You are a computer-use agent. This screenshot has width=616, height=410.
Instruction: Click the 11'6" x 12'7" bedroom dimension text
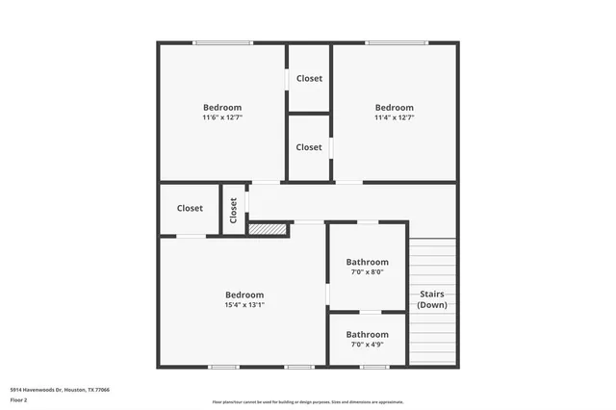pyautogui.click(x=222, y=118)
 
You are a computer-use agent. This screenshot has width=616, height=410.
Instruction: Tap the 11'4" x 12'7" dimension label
pyautogui.click(x=395, y=118)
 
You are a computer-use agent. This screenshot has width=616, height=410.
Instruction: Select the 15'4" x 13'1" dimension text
pyautogui.click(x=244, y=305)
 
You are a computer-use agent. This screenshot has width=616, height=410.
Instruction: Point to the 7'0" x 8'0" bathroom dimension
pyautogui.click(x=367, y=272)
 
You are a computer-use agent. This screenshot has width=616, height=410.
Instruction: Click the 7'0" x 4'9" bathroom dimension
pyautogui.click(x=367, y=345)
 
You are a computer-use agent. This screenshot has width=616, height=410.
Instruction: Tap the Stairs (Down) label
pyautogui.click(x=431, y=299)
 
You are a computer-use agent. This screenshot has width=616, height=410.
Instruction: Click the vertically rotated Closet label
pyautogui.click(x=233, y=210)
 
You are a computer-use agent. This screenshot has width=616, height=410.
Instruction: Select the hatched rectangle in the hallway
pyautogui.click(x=269, y=229)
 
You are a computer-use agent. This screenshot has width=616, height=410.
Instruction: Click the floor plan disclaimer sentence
pyautogui.click(x=308, y=401)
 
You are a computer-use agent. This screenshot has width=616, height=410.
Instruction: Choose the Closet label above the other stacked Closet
pyautogui.click(x=309, y=78)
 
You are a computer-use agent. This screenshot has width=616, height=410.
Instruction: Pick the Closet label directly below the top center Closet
pyautogui.click(x=309, y=147)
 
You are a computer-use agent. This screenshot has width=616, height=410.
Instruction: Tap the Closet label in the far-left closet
pyautogui.click(x=190, y=208)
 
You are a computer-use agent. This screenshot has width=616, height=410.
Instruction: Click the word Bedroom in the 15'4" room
pyautogui.click(x=244, y=295)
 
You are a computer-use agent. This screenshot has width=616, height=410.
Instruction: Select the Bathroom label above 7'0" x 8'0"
pyautogui.click(x=367, y=262)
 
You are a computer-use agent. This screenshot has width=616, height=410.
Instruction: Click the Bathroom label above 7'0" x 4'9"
pyautogui.click(x=367, y=334)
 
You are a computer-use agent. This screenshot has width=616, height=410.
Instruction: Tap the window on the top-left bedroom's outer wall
pyautogui.click(x=222, y=42)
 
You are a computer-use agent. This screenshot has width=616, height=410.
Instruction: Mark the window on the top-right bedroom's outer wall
pyautogui.click(x=396, y=42)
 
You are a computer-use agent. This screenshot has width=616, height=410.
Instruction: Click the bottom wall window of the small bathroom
pyautogui.click(x=374, y=367)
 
